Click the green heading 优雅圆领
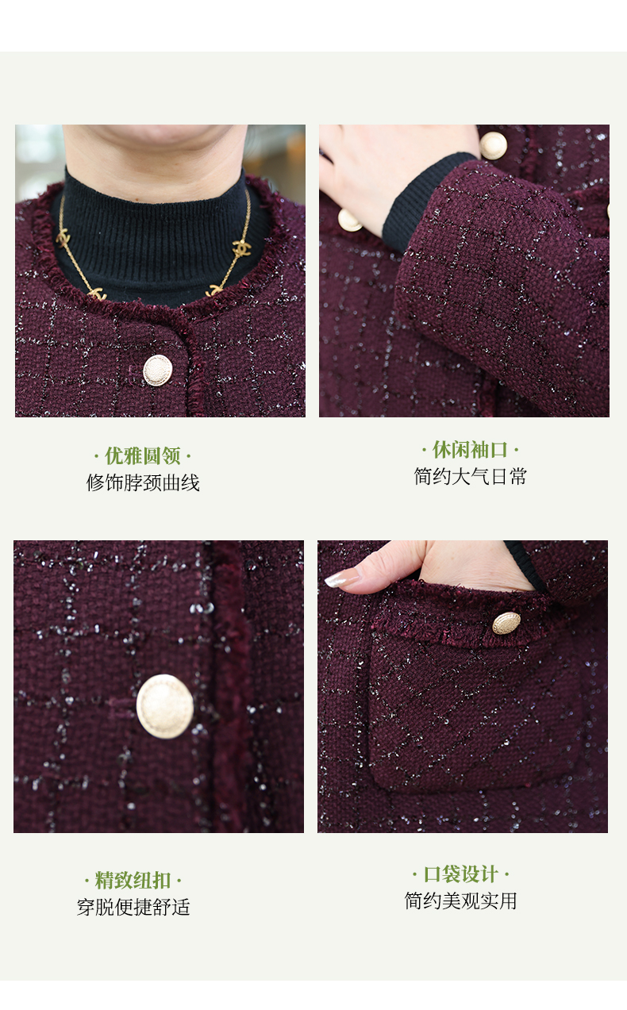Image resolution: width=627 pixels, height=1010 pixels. tap(143, 456)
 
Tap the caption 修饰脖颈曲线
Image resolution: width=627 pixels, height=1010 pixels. tap(143, 483)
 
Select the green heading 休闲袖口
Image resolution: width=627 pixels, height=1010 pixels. tap(470, 450)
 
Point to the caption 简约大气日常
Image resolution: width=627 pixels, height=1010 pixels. tap(470, 477)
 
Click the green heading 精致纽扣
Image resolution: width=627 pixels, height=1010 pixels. tap(133, 881)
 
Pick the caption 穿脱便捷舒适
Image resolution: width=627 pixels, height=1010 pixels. tap(133, 907)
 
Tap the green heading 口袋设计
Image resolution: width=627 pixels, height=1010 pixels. tap(460, 874)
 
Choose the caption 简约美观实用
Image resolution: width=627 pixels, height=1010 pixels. tap(460, 901)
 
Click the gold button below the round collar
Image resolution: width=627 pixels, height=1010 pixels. tap(157, 371)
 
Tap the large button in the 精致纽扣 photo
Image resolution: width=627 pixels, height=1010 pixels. tap(165, 706)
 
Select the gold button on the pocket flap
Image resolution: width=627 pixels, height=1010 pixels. tap(506, 623)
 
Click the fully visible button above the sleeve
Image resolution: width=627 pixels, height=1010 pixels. tap(493, 146)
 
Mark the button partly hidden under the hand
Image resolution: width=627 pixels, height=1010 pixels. tap(349, 221)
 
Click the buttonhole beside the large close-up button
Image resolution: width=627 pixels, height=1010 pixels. tap(121, 702)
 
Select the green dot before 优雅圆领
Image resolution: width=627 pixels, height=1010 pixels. tap(97, 457)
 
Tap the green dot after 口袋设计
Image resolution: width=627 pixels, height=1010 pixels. tap(507, 875)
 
